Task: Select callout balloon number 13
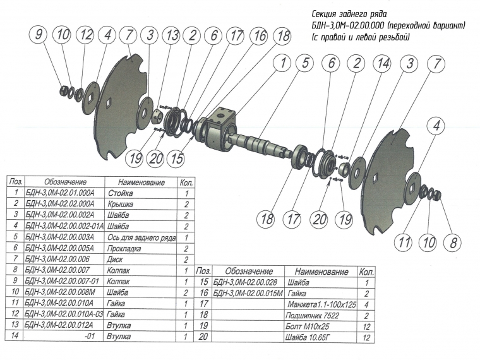point(171,37)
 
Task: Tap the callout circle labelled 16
point(259,37)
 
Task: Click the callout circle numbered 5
point(306,63)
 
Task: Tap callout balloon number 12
point(85,35)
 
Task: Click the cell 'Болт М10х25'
point(308,327)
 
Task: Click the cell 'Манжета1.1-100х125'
point(321,304)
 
